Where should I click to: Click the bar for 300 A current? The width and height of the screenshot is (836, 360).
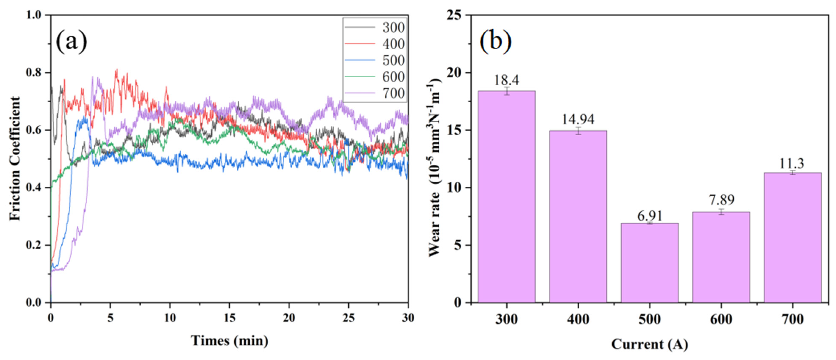click(x=506, y=196)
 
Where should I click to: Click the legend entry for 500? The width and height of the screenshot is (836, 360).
click(x=375, y=60)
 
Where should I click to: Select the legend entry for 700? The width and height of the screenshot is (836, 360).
click(x=375, y=93)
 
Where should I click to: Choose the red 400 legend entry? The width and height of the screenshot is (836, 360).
click(x=375, y=44)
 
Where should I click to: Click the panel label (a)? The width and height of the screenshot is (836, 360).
click(x=71, y=42)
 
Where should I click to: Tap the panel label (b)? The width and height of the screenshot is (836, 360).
click(x=495, y=42)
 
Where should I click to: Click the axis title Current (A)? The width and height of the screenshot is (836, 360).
click(x=649, y=344)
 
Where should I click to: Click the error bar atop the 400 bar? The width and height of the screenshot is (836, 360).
click(x=578, y=131)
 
